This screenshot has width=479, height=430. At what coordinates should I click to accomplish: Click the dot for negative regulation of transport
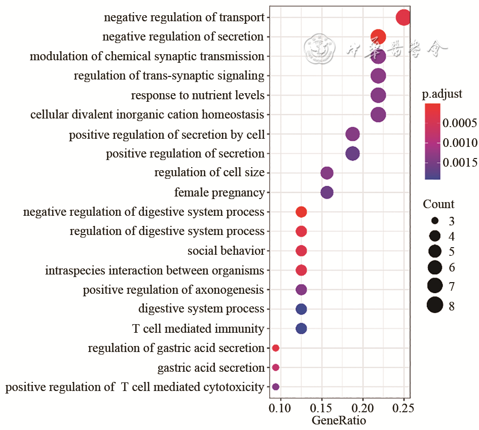coord(403,18)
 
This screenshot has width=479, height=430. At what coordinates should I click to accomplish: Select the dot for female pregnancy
coord(327,192)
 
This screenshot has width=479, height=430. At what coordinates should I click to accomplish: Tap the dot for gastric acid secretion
coord(276,367)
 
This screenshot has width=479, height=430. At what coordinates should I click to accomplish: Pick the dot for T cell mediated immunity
coord(301,329)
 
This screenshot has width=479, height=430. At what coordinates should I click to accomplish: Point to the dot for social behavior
coord(301,251)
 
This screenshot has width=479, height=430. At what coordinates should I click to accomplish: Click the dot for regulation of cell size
coord(327,173)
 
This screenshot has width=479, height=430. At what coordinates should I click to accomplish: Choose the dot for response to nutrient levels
coord(378,95)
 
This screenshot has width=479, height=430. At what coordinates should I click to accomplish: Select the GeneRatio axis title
coord(339,421)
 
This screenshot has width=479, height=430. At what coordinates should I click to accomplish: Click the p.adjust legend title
coord(442,95)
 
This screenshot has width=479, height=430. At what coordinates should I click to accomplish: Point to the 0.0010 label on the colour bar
coord(460,143)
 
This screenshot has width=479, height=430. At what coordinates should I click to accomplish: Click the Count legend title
coord(439,205)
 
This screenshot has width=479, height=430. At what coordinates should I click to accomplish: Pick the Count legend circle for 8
coord(435,305)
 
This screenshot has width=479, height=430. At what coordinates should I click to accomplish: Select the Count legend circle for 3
coord(435,221)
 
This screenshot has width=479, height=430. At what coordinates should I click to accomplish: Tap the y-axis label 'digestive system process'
coord(201,309)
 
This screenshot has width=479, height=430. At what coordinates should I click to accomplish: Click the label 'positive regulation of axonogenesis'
coord(173,290)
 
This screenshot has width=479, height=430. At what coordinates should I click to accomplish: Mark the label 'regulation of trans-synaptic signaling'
coord(169,76)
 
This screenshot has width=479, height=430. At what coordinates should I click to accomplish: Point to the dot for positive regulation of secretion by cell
coord(352,134)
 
